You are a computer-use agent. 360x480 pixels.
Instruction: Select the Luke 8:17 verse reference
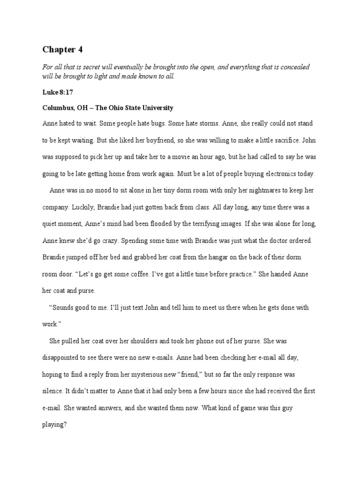coord(58,93)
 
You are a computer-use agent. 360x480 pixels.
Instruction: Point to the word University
coord(157,108)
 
